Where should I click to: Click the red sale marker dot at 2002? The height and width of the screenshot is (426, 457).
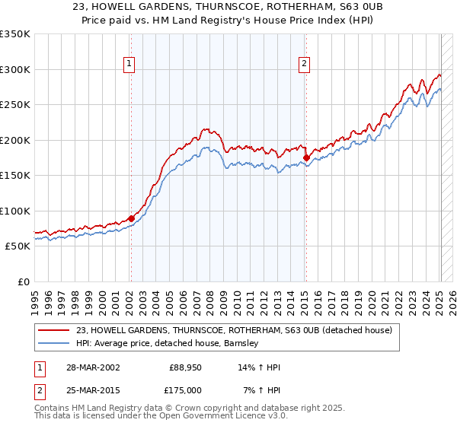point(131,218)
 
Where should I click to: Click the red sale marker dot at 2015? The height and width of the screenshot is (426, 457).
point(306,157)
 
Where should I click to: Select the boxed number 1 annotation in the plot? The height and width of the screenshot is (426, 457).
point(130,64)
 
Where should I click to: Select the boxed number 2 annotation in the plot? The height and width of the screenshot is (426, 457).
point(304,64)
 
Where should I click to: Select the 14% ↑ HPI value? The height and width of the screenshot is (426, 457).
point(259,367)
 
